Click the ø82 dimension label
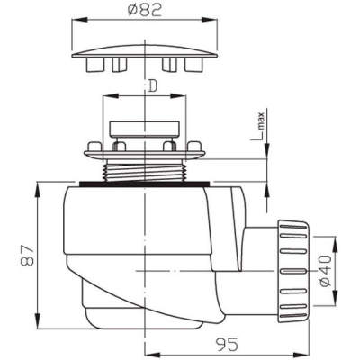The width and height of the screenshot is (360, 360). (145, 11)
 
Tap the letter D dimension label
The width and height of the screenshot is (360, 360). (153, 86)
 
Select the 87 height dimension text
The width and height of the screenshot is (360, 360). (27, 255)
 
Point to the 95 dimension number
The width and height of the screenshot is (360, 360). (227, 344)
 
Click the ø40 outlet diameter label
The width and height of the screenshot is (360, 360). (325, 271)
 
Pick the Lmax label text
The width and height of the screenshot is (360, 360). (260, 127)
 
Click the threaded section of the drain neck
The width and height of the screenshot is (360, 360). (146, 172)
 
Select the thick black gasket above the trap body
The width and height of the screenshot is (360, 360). (145, 184)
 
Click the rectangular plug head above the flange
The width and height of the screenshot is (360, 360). (145, 130)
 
